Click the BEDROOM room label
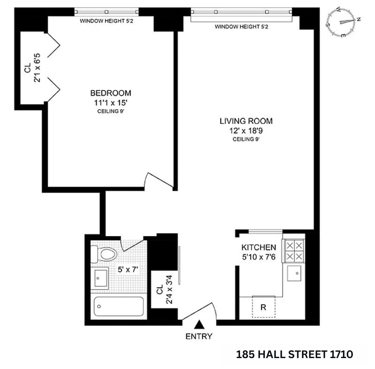point(111,93)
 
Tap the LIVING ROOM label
point(246,121)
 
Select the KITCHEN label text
point(258,247)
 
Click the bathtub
point(118,306)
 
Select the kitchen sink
point(295,273)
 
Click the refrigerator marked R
point(263,307)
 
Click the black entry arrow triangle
point(199,325)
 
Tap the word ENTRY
point(199,336)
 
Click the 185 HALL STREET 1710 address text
point(294,354)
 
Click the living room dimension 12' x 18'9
point(246,131)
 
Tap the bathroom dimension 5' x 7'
point(128,269)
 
